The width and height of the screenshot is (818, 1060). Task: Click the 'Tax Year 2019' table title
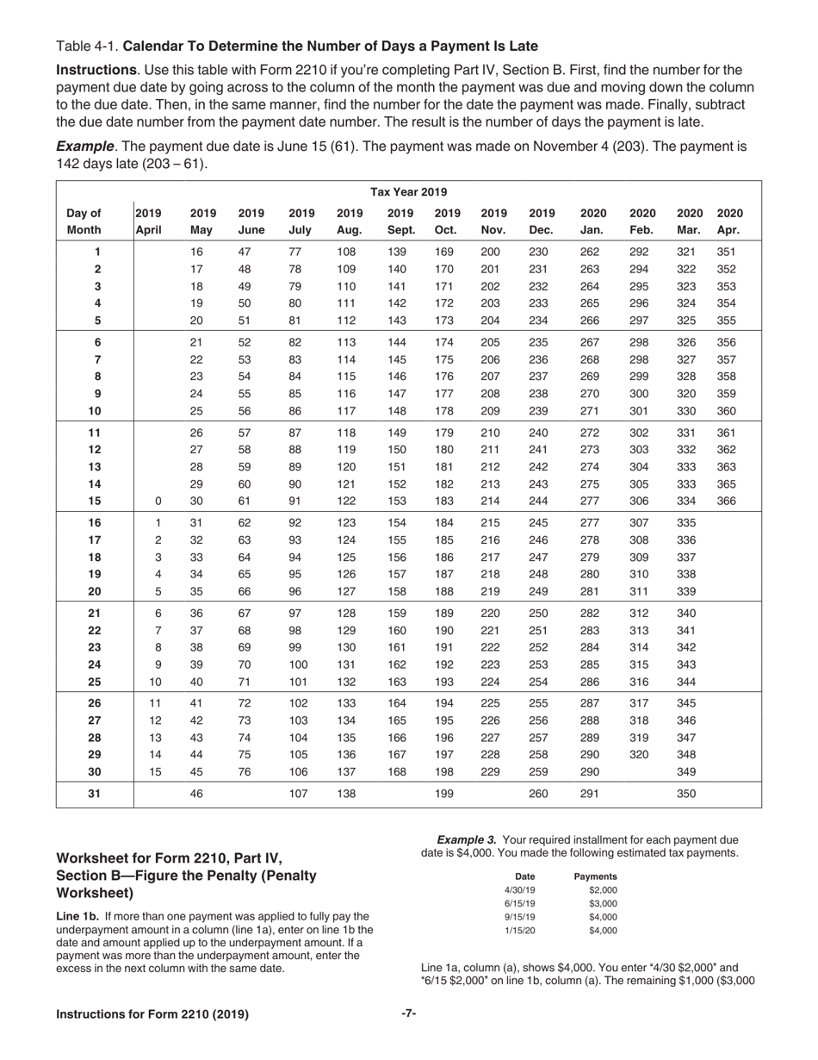(x=408, y=191)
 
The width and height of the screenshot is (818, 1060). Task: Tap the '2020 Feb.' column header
(x=643, y=221)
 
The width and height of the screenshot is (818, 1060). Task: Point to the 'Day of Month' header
(x=84, y=221)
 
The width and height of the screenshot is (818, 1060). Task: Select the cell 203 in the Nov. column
(x=489, y=302)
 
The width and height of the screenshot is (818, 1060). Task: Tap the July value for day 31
(x=298, y=794)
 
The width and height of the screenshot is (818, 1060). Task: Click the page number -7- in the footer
(x=409, y=1013)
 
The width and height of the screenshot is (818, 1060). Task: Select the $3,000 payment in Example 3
(x=603, y=903)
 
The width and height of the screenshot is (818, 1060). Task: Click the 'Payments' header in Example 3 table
(x=595, y=876)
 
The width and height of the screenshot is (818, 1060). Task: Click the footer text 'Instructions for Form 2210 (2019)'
(x=152, y=1014)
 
